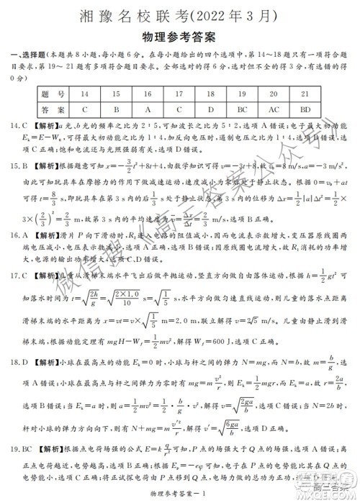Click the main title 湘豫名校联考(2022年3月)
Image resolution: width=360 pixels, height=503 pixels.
[x=180, y=15]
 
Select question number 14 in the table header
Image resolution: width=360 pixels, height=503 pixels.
[x=85, y=94]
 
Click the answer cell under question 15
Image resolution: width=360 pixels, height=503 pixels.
[x=115, y=110]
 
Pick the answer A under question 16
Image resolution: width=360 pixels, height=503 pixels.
[x=147, y=110]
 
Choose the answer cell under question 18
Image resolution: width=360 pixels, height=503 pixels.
[x=210, y=110]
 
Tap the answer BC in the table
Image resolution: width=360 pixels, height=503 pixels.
[x=242, y=110]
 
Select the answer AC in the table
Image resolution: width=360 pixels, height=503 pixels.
[x=274, y=110]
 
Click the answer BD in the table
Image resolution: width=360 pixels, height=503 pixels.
[x=305, y=110]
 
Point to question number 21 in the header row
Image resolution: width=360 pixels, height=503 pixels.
[x=305, y=94]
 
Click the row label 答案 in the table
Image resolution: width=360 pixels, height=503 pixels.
[x=53, y=110]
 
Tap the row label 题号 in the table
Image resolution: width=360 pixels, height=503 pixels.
[x=53, y=94]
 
